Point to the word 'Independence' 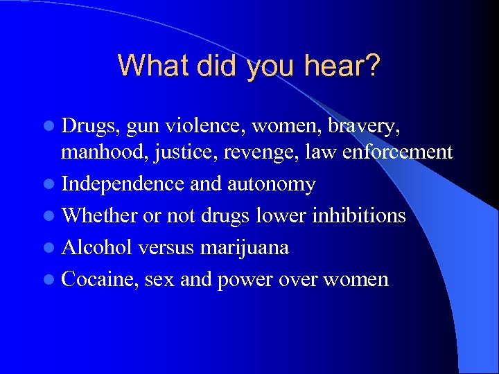coord(122,185)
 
